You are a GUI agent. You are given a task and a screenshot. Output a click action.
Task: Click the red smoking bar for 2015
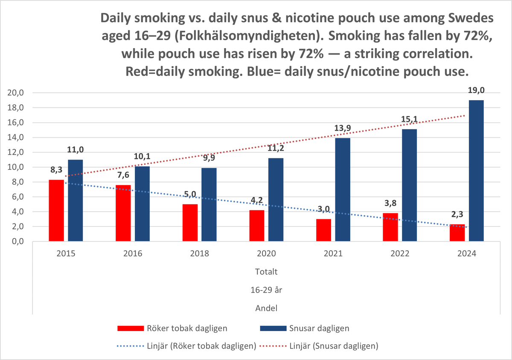click(56, 211)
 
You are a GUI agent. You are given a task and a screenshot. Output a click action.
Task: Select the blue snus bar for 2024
click(476, 171)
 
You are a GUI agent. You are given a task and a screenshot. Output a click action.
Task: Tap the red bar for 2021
click(323, 230)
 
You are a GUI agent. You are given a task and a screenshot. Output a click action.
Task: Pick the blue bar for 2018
click(209, 205)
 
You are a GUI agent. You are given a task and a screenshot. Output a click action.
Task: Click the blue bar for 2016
click(142, 204)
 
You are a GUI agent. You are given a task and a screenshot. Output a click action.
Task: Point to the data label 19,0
click(476, 91)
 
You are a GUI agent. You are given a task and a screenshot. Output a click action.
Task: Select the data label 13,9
click(342, 128)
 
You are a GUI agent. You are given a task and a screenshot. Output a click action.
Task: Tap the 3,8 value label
click(390, 203)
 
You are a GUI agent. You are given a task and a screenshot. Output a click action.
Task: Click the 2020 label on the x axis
click(266, 253)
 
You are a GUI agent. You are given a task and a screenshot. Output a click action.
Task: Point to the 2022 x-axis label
click(400, 253)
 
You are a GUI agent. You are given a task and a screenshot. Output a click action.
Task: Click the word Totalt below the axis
click(266, 271)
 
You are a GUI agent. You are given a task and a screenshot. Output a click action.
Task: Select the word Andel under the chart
click(266, 308)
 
